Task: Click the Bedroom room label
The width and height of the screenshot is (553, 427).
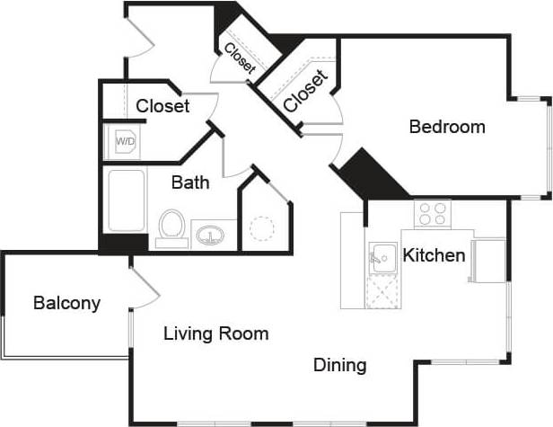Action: [x=446, y=127]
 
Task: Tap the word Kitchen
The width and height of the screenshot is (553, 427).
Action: [x=434, y=255]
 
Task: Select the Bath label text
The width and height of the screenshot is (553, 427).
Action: [x=190, y=183]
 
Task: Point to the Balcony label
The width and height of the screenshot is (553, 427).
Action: [x=66, y=303]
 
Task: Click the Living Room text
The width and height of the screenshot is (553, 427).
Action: [x=215, y=334]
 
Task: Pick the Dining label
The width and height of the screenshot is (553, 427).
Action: [x=339, y=365]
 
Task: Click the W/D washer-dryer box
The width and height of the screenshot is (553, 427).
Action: [x=124, y=141]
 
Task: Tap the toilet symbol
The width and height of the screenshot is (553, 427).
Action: [x=171, y=227]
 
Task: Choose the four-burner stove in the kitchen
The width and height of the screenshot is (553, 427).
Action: [x=432, y=213]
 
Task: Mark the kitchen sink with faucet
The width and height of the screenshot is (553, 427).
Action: [x=382, y=258]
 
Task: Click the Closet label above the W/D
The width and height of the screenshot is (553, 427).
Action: [x=162, y=106]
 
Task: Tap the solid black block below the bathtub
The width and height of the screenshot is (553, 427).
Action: [x=123, y=243]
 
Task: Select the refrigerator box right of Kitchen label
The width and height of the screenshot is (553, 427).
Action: [x=488, y=259]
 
